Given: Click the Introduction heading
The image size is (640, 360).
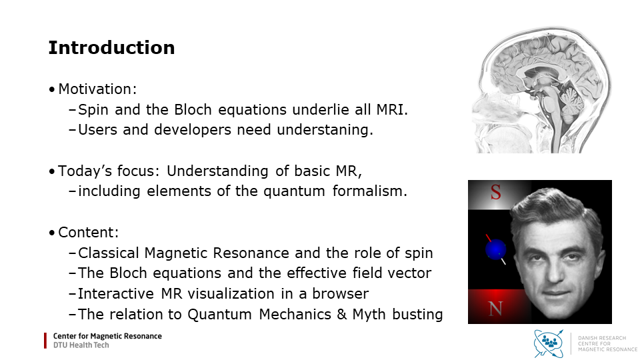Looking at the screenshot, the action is pyautogui.click(x=111, y=48).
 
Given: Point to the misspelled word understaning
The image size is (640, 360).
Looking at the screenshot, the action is pyautogui.click(x=323, y=130).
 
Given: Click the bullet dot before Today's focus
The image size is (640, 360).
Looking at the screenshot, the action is pyautogui.click(x=52, y=171).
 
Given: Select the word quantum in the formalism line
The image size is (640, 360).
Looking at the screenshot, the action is pyautogui.click(x=294, y=191).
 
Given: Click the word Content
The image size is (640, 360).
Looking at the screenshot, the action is pyautogui.click(x=87, y=232).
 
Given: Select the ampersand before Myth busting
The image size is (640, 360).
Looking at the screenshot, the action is pyautogui.click(x=342, y=315).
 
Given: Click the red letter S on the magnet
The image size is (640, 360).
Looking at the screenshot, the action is pyautogui.click(x=495, y=192).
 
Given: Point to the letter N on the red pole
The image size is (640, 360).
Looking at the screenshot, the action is pyautogui.click(x=495, y=309).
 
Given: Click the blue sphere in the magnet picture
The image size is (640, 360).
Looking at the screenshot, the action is pyautogui.click(x=496, y=249).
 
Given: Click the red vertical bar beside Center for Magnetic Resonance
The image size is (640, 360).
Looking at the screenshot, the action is pyautogui.click(x=45, y=341).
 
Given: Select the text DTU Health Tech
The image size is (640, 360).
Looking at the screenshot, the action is pyautogui.click(x=81, y=345).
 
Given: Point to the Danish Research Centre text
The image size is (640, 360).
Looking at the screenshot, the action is pyautogui.click(x=607, y=344).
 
